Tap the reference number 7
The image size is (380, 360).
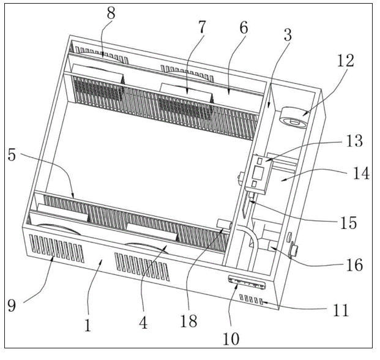pyautogui.click(x=202, y=28)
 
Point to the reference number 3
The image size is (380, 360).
pyautogui.click(x=286, y=35)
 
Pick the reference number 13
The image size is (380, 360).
pyautogui.click(x=353, y=141)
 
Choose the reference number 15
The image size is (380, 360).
pyautogui.click(x=347, y=222)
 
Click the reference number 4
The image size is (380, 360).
pyautogui.click(x=143, y=322)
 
